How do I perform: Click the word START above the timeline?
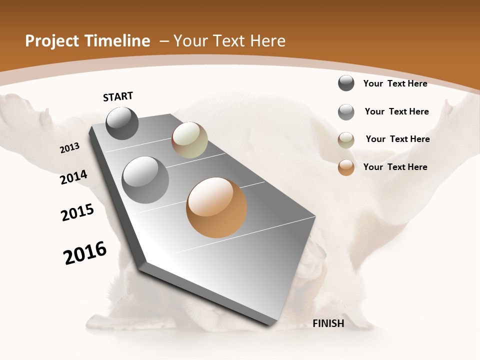pos(118,96)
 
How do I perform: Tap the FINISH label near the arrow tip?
pos(328,323)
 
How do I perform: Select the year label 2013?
pos(70,148)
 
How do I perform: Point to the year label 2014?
pos(74,177)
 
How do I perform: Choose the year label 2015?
pos(77,212)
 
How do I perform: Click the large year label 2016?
pos(85,253)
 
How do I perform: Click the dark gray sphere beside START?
pos(122,123)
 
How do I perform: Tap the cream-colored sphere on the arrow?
pos(189,140)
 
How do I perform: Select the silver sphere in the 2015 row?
pos(145,180)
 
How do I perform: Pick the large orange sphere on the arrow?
pos(216,207)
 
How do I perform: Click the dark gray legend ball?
pos(346,83)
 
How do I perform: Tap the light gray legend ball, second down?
pos(346,112)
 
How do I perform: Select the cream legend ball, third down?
pos(346,140)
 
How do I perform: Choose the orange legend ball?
pos(346,167)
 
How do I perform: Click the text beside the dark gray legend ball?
pos(395,83)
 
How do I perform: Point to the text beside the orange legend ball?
pos(395,167)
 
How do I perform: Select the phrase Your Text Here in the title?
pos(229,41)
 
